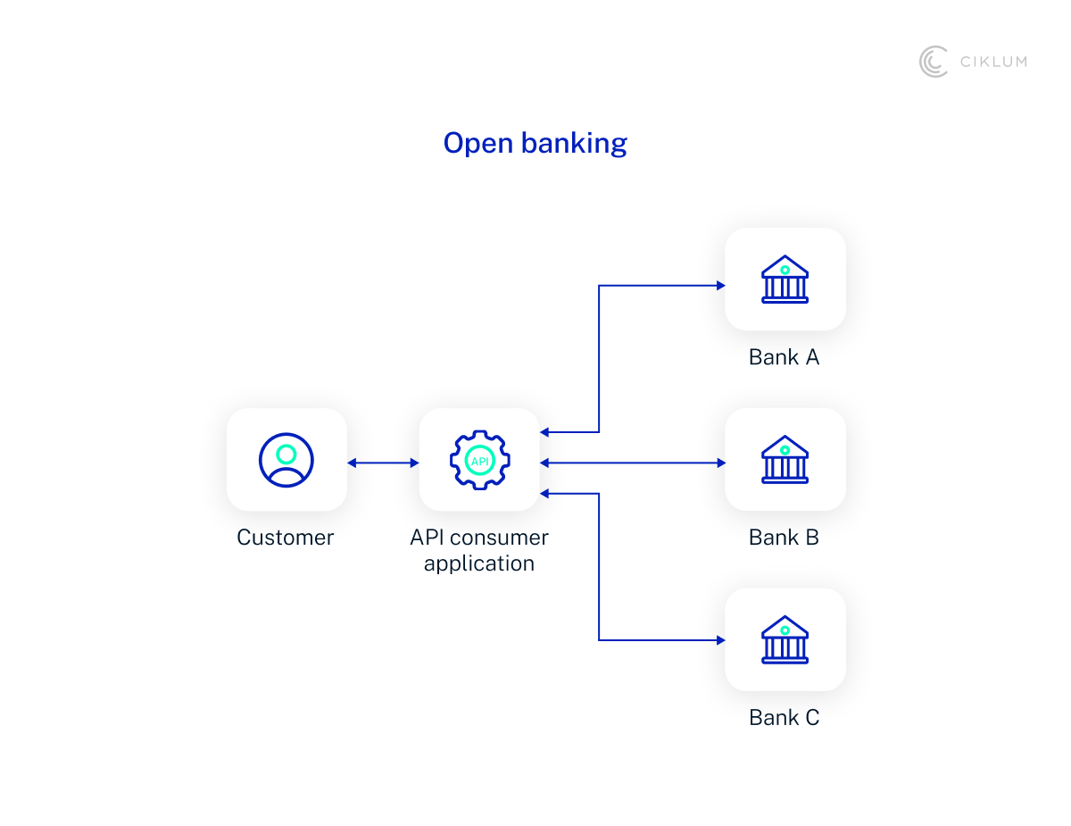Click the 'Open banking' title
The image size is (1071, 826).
coord(535,144)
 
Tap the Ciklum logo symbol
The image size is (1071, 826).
coord(934,62)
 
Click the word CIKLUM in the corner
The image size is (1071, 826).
coord(993,62)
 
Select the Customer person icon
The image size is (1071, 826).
coord(286,460)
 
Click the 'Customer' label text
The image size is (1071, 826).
coord(286,538)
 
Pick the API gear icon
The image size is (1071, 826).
coord(479,461)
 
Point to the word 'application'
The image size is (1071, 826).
coord(479,564)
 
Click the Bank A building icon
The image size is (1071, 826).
coord(785,279)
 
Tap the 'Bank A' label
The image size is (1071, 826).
coord(785,358)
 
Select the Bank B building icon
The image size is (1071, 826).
coord(785,459)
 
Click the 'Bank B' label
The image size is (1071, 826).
coord(785,538)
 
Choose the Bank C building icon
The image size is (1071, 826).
coord(785,639)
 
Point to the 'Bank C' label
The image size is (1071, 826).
coord(785,718)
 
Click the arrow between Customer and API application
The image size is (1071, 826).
coord(383,463)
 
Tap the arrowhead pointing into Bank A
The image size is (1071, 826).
coord(719,286)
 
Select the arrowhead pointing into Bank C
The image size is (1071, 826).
coord(719,640)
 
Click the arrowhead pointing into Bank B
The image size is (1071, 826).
coord(719,463)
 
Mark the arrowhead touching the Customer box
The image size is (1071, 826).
coord(353,463)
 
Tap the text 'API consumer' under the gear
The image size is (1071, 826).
coord(479,538)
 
